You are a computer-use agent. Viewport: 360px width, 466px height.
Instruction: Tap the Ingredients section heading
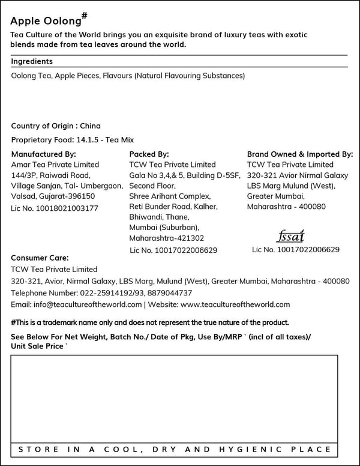pos(32,61)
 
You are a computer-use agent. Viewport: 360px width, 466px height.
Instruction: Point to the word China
pos(90,126)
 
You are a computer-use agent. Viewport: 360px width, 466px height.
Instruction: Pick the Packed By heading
pos(149,154)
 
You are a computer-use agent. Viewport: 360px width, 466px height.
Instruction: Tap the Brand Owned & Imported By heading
pos(300,154)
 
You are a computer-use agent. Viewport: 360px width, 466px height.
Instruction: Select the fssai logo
pos(292,235)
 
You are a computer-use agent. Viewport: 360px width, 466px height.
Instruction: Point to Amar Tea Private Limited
pos(55,165)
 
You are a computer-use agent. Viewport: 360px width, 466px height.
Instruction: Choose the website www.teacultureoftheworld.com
pos(231,304)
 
